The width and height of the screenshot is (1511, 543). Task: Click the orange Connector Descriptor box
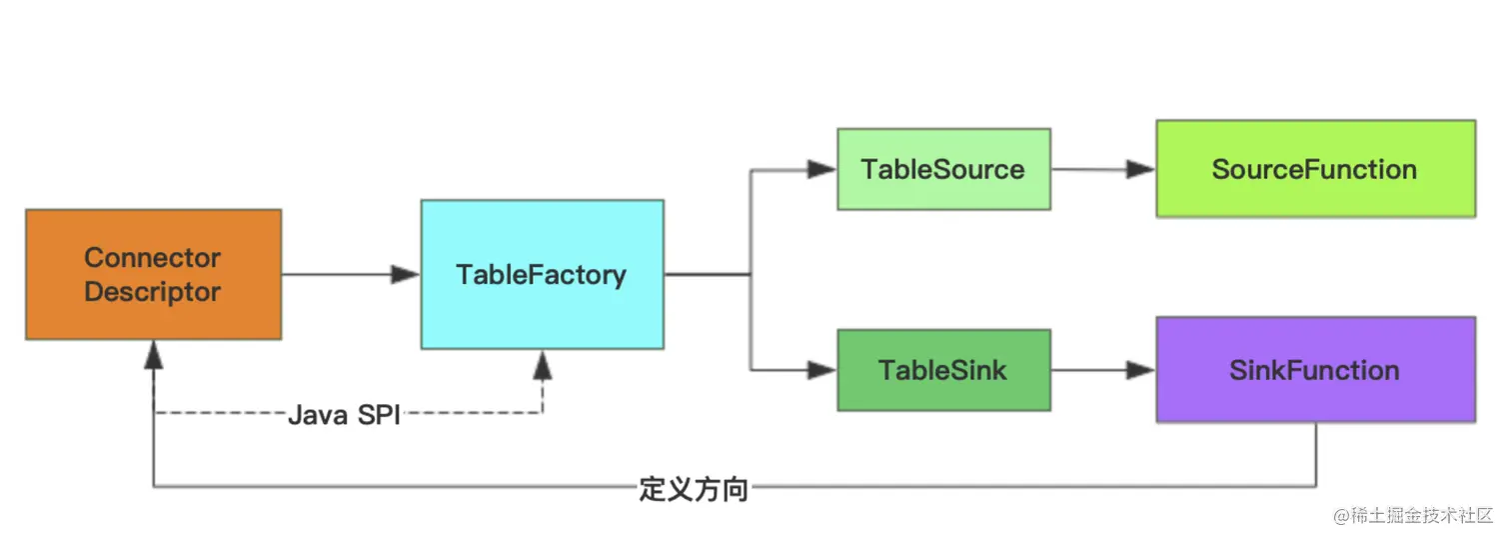[x=153, y=274]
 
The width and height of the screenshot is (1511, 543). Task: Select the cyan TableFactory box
[x=542, y=274]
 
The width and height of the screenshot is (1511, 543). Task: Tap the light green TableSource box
[x=943, y=169]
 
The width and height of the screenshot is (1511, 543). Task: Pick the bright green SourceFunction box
[x=1315, y=169]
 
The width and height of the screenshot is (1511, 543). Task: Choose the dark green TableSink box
[x=943, y=370]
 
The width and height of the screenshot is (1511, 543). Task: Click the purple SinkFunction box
[x=1315, y=370]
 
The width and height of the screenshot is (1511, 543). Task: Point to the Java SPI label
[x=344, y=415]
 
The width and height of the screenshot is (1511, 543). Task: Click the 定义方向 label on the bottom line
[x=693, y=489]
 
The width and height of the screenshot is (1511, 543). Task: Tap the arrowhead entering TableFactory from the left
[x=405, y=274]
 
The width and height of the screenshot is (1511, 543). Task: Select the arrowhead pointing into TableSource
[x=821, y=170]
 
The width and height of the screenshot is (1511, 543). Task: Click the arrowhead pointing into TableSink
[x=821, y=370]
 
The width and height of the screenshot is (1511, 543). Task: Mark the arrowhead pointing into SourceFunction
[x=1140, y=170]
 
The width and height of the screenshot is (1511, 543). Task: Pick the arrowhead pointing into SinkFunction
[x=1140, y=370]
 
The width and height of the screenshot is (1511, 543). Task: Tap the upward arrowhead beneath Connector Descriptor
[x=153, y=355]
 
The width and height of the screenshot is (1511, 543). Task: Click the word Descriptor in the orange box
[x=153, y=292]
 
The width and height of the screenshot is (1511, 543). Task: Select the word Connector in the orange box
[x=153, y=257]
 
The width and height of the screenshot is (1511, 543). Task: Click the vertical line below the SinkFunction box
[x=1315, y=455]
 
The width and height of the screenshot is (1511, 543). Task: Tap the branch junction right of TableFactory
[x=751, y=274]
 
